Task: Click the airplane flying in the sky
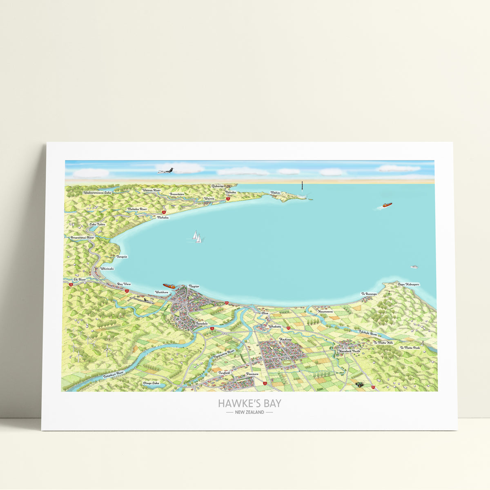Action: click(166, 170)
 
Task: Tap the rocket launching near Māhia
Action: click(302, 189)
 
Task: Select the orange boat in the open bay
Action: click(386, 205)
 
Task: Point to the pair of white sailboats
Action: click(197, 237)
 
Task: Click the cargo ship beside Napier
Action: click(169, 286)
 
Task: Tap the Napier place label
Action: click(194, 287)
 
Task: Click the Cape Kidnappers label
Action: click(408, 284)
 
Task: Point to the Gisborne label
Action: click(218, 186)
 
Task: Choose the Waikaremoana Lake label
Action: click(97, 192)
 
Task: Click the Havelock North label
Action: click(350, 351)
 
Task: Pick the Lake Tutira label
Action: click(97, 225)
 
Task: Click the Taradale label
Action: click(202, 323)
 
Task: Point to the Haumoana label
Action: click(325, 311)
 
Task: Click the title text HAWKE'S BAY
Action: click(249, 403)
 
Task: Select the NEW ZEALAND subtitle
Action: click(249, 412)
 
